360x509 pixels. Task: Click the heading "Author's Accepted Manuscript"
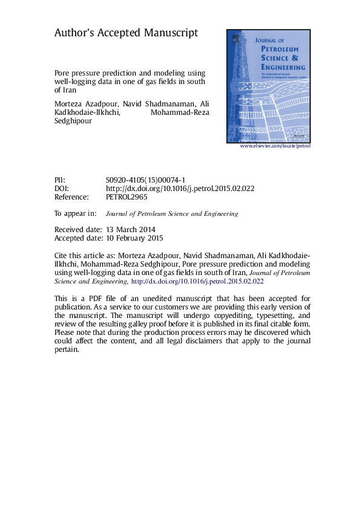[x=126, y=33]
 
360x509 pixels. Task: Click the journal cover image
[x=269, y=85]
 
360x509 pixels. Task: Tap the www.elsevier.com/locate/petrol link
[x=275, y=146]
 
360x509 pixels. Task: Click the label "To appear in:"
[x=75, y=213]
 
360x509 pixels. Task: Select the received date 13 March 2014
[x=131, y=230]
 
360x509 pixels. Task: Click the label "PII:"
[x=59, y=180]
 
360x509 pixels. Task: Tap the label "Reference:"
[x=71, y=197]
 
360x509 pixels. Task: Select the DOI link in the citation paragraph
[x=197, y=281]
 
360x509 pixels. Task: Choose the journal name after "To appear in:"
[x=172, y=213]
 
